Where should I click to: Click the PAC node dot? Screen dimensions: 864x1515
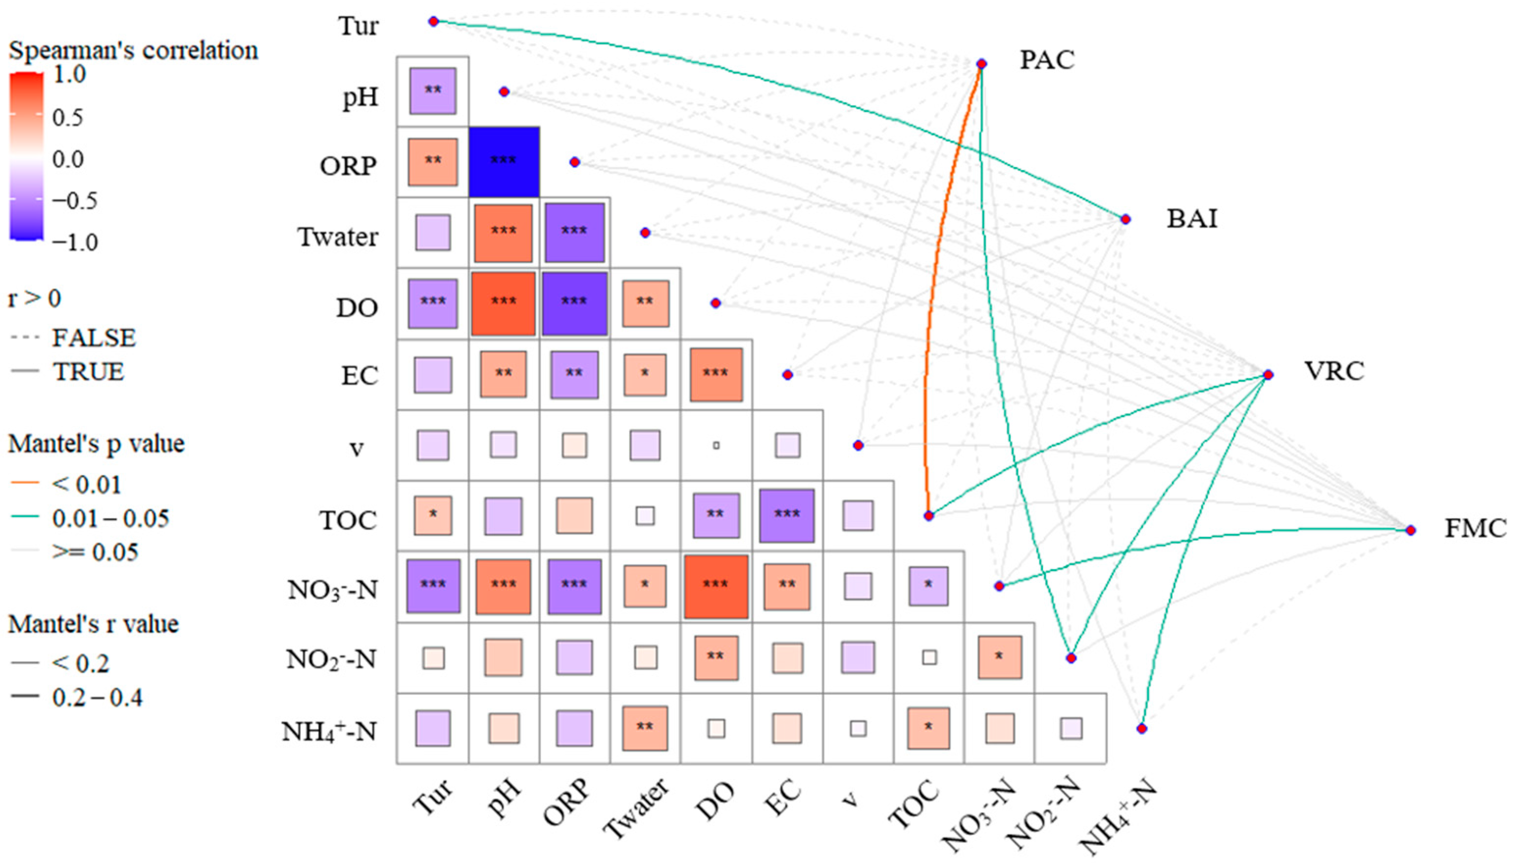point(981,63)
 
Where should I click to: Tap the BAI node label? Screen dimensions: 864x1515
point(1192,219)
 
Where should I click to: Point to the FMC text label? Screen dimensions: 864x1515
point(1475,529)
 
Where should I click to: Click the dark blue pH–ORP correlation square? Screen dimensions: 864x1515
point(504,161)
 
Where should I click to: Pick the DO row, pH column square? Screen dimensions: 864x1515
point(504,303)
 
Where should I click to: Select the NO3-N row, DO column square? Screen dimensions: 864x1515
point(716,586)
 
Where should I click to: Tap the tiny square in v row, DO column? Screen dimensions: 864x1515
point(716,445)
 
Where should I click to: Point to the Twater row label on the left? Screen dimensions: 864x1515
point(337,237)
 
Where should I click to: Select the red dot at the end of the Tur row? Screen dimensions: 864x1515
point(433,22)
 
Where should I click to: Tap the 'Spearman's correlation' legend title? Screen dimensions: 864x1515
point(133,51)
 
